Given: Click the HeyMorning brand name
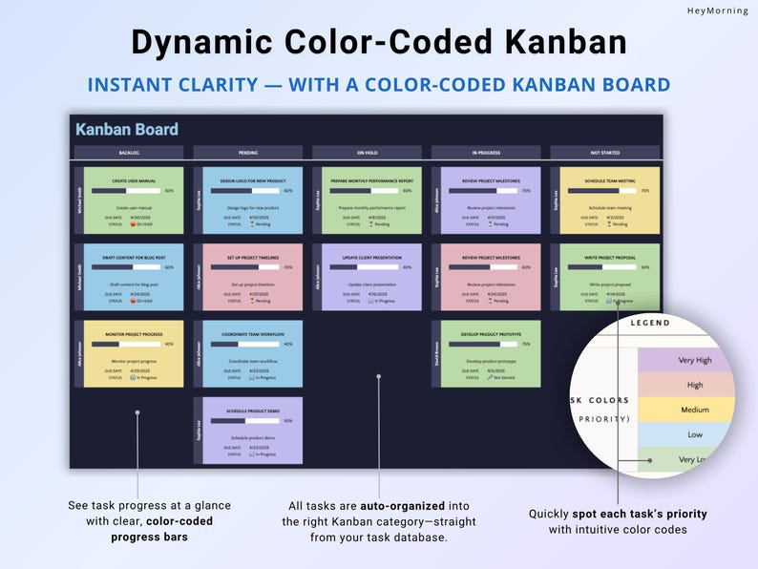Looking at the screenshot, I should tap(717, 11).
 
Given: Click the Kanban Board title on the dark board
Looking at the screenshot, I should tap(127, 130).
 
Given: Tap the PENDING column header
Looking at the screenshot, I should tap(247, 152).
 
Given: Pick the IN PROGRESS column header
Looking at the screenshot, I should tap(486, 152).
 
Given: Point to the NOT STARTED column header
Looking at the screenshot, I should tap(604, 152).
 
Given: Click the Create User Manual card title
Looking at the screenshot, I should tap(134, 179).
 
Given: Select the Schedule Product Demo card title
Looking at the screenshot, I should tap(253, 410).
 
